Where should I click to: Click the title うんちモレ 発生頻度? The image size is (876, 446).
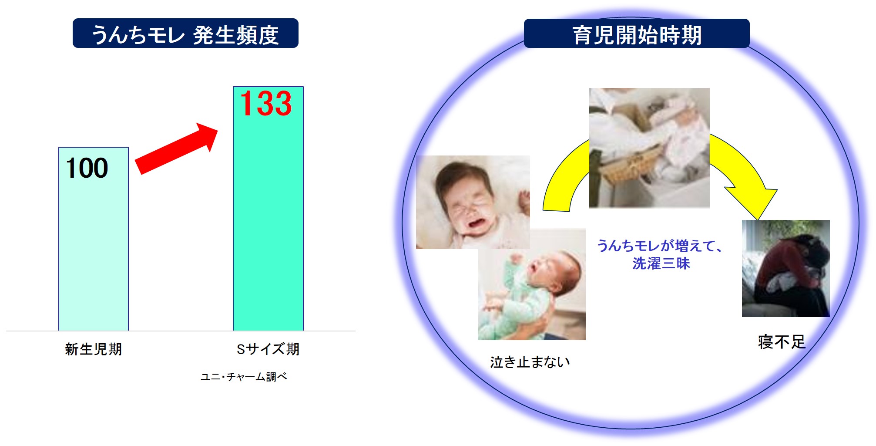point(185,35)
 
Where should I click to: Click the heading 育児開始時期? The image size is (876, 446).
point(637,35)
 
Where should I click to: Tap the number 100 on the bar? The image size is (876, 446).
point(87,168)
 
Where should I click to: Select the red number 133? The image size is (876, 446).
point(266,104)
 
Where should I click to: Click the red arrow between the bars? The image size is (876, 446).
point(176,149)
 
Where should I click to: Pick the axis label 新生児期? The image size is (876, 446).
point(93,349)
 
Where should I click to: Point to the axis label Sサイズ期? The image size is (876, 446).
point(268,349)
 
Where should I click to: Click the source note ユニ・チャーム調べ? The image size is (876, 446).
point(244,377)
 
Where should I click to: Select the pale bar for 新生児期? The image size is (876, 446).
point(94,239)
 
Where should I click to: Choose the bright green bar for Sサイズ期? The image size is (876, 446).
point(268,209)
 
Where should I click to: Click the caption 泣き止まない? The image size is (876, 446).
point(530,362)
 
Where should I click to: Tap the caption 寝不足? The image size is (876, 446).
point(782,342)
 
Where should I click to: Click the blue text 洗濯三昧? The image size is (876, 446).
point(661,264)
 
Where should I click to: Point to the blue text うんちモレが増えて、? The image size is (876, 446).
point(660,246)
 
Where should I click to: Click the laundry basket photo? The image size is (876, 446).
point(649,148)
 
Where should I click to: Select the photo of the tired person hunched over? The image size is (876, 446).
point(785,268)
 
